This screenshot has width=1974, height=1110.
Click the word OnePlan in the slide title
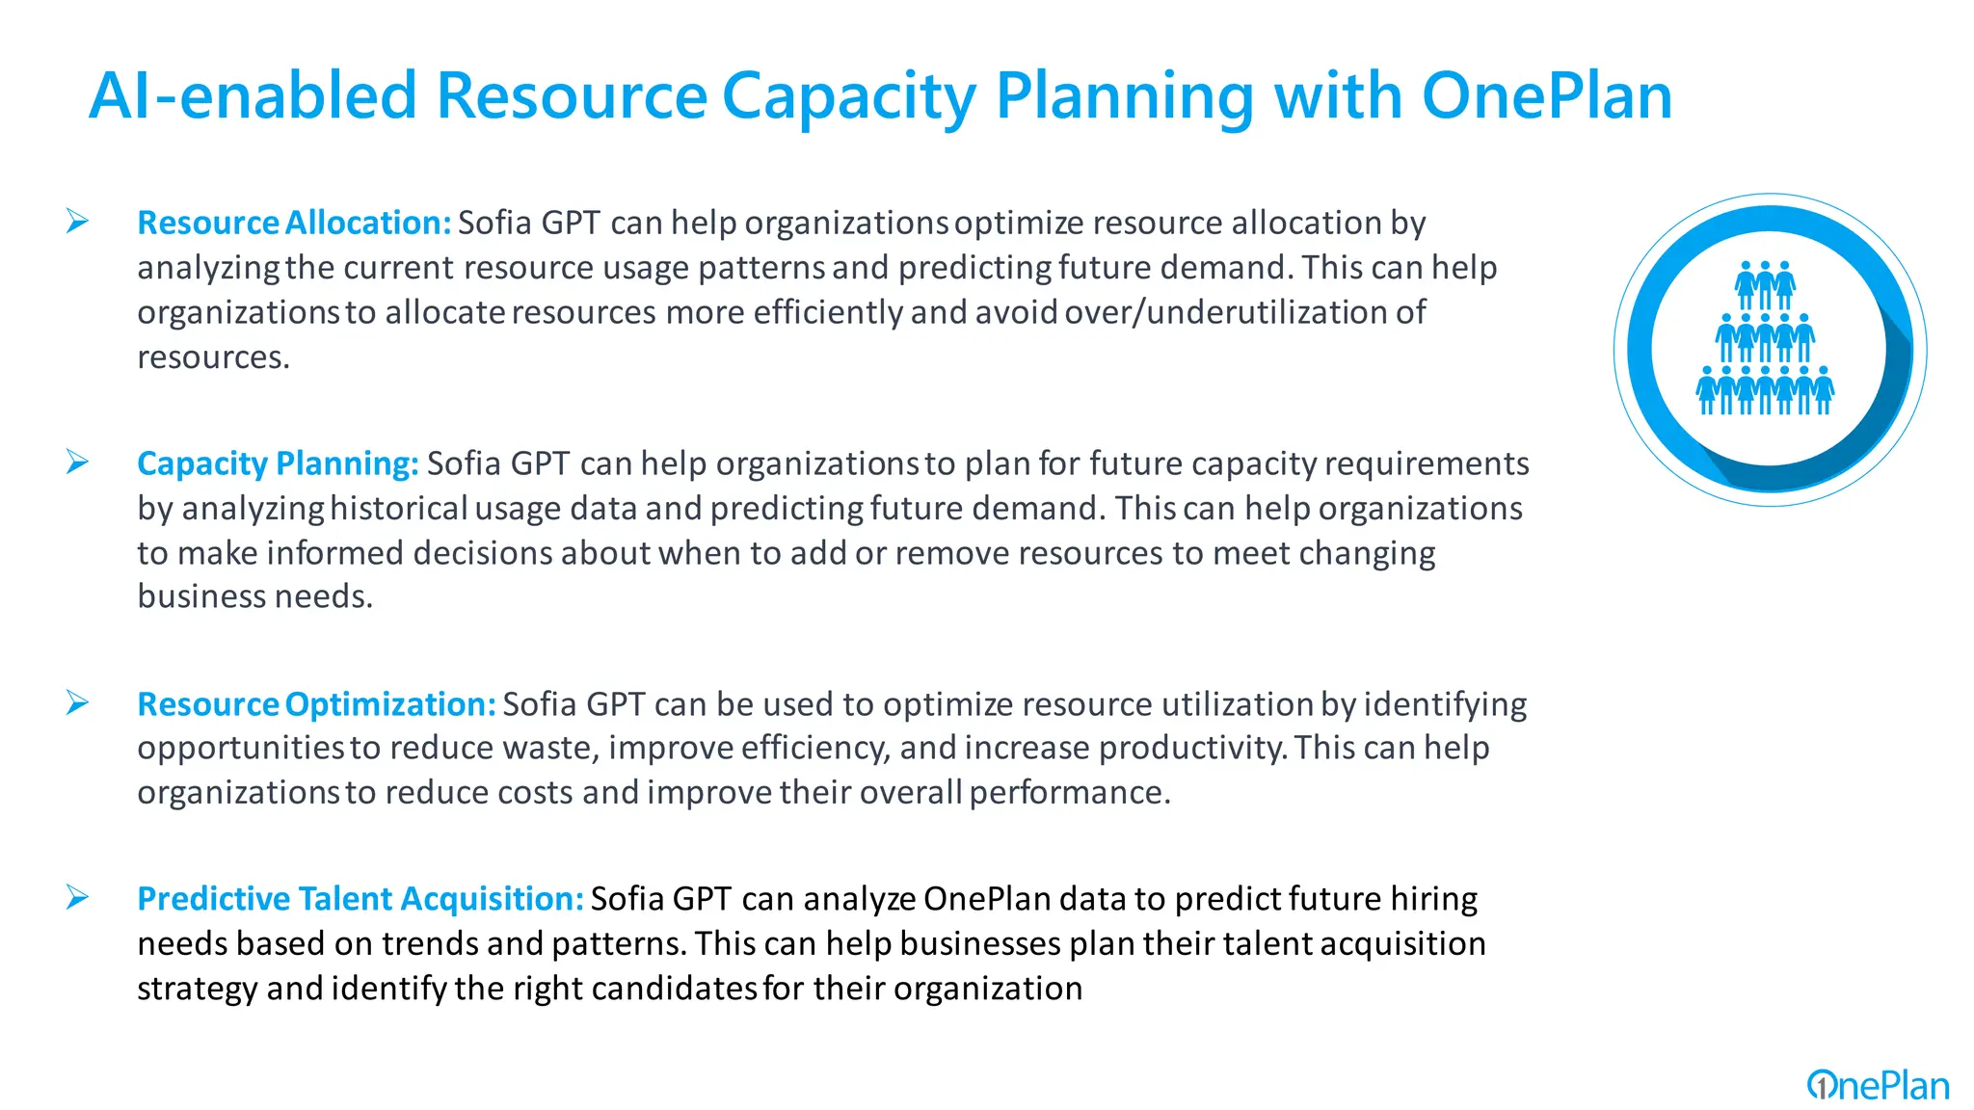tap(1546, 96)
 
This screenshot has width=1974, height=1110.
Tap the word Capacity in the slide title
tap(849, 98)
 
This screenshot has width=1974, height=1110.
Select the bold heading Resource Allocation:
tap(294, 223)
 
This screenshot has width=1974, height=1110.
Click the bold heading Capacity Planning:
tap(278, 463)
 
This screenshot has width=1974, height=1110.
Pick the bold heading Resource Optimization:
tap(316, 704)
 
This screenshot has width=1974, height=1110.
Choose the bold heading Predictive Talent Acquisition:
tap(360, 899)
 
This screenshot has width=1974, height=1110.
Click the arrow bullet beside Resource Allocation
tap(77, 222)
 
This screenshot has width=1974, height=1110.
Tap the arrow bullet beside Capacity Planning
tap(77, 462)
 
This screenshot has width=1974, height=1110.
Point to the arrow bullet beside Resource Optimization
tap(77, 703)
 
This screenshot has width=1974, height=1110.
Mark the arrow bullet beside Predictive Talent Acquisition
tap(77, 898)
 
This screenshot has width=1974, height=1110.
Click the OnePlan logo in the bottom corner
tap(1878, 1086)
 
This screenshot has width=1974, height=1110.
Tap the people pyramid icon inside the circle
tap(1765, 338)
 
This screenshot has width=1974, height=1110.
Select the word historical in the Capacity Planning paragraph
tap(398, 508)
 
